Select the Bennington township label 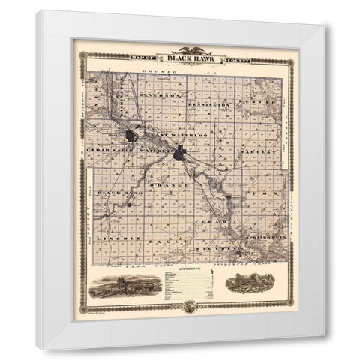(211, 105)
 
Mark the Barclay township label (263, 152)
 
